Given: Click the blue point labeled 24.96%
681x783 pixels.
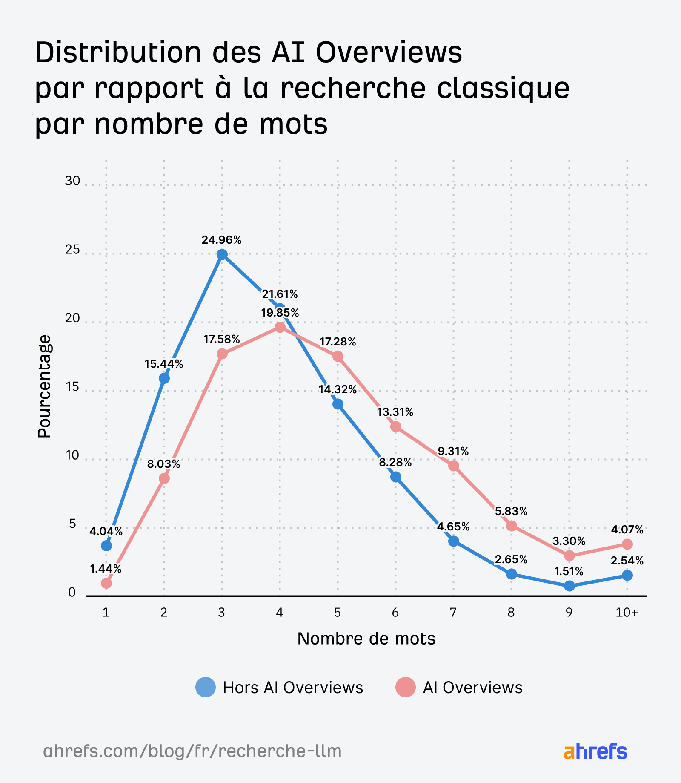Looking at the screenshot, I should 222,254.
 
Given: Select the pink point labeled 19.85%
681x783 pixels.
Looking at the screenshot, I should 280,327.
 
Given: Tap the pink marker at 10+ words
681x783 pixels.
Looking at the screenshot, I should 627,544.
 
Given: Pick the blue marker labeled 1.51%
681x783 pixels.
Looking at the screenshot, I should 569,586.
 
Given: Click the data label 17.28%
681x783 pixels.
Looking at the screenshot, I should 338,342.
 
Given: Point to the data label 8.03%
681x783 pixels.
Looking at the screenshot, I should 164,464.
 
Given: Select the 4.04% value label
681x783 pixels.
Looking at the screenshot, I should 106,531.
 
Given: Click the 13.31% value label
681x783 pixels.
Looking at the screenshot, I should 395,412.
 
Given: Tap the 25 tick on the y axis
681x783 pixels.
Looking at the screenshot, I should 72,250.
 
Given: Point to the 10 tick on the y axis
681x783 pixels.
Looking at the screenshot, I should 72,455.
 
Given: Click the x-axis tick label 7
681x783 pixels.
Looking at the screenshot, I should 453,613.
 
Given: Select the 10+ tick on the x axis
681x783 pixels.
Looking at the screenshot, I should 627,613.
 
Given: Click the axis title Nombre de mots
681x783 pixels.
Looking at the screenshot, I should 366,639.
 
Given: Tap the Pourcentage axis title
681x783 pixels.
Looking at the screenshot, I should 44,386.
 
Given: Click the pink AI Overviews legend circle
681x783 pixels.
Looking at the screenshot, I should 405,687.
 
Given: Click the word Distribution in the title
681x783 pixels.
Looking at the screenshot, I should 117,53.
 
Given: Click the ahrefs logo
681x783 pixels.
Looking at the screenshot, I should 595,751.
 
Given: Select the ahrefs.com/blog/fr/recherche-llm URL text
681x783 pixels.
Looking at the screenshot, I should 192,751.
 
